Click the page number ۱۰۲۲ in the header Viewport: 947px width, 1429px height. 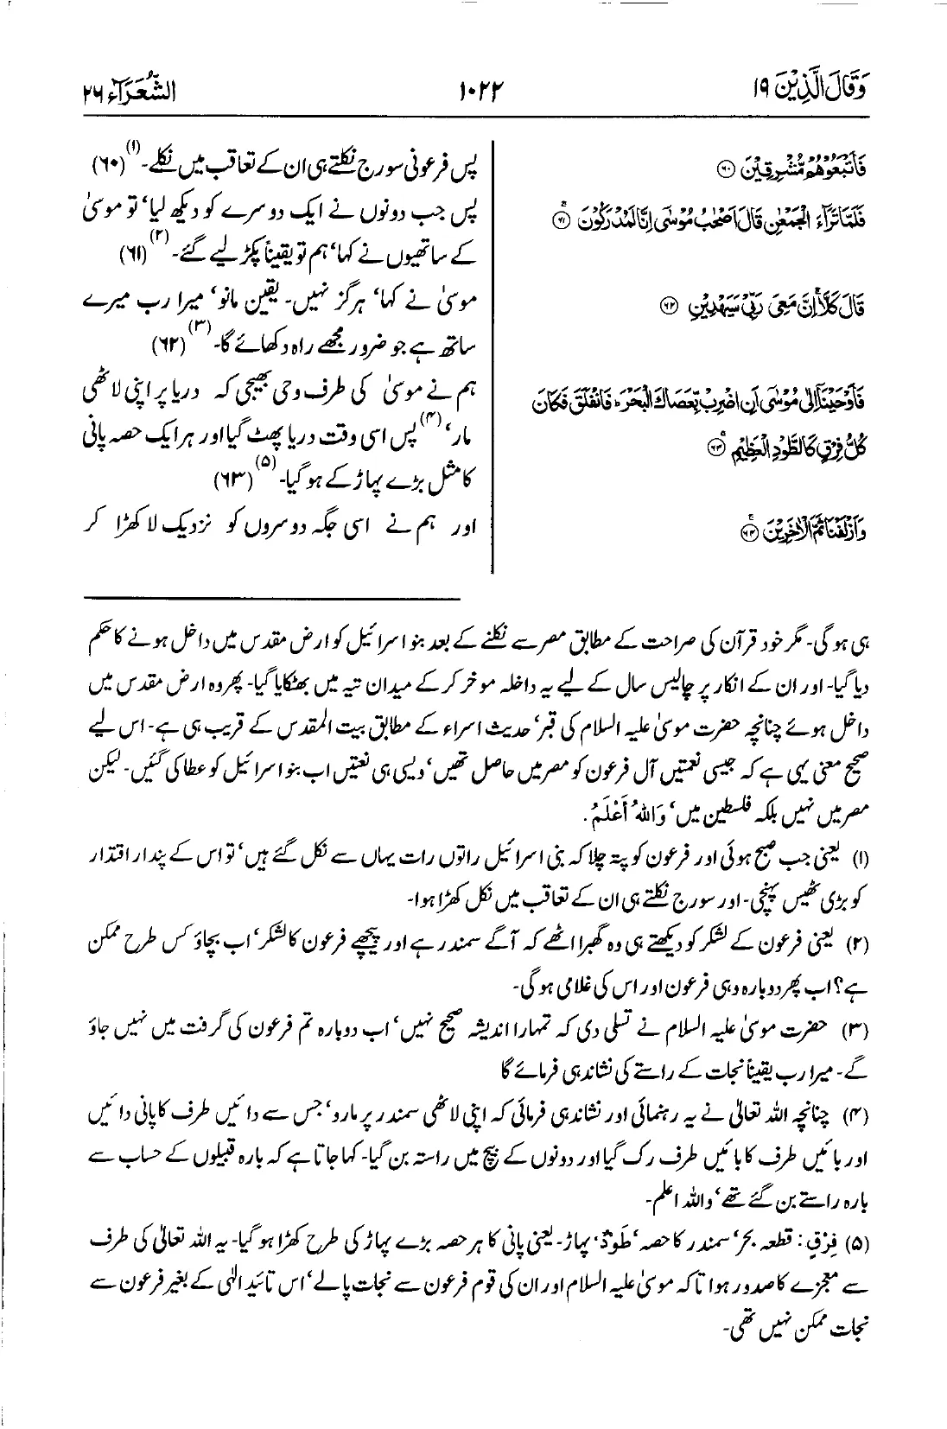(474, 88)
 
